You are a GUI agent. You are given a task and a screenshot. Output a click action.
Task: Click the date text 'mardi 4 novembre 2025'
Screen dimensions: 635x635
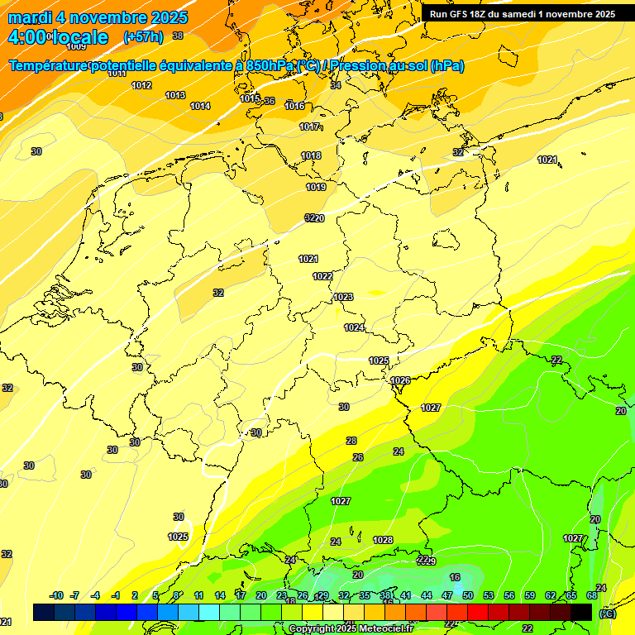click(x=98, y=17)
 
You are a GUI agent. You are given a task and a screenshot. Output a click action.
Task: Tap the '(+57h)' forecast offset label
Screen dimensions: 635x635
click(x=143, y=36)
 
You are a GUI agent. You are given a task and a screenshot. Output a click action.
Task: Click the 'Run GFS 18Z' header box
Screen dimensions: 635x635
click(x=523, y=13)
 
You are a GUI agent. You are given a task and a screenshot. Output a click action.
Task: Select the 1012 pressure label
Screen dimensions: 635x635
click(x=141, y=85)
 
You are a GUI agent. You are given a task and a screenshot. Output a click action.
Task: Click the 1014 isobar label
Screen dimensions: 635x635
click(x=200, y=106)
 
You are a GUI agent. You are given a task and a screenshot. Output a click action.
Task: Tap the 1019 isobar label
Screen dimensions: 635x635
click(x=316, y=187)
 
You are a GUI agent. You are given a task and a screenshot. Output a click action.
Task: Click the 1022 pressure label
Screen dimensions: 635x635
click(x=322, y=276)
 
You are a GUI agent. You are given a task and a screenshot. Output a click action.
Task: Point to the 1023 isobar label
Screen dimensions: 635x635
click(x=343, y=297)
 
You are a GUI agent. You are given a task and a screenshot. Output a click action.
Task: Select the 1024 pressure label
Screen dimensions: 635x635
click(x=354, y=327)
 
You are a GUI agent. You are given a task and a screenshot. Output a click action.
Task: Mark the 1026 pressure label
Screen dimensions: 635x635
click(x=400, y=380)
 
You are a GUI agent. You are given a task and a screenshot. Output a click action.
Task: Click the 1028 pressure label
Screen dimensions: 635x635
click(x=383, y=540)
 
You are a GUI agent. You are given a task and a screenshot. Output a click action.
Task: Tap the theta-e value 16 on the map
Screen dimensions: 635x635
click(x=455, y=577)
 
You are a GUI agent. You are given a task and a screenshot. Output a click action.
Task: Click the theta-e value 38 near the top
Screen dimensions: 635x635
click(x=178, y=36)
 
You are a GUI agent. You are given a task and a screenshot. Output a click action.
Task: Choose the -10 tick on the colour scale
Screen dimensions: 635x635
click(x=56, y=595)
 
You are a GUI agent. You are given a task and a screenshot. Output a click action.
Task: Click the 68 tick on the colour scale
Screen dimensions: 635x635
click(x=592, y=595)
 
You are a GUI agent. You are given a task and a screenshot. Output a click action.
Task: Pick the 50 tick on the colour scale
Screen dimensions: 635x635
click(x=468, y=595)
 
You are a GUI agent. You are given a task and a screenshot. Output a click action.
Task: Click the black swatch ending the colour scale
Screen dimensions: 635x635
click(x=581, y=612)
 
